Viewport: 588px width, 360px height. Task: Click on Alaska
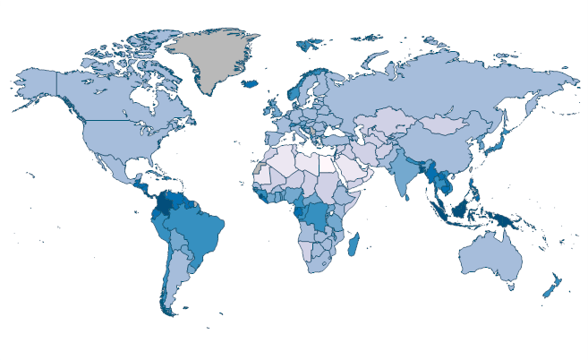36,85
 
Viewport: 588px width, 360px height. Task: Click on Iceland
250,83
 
